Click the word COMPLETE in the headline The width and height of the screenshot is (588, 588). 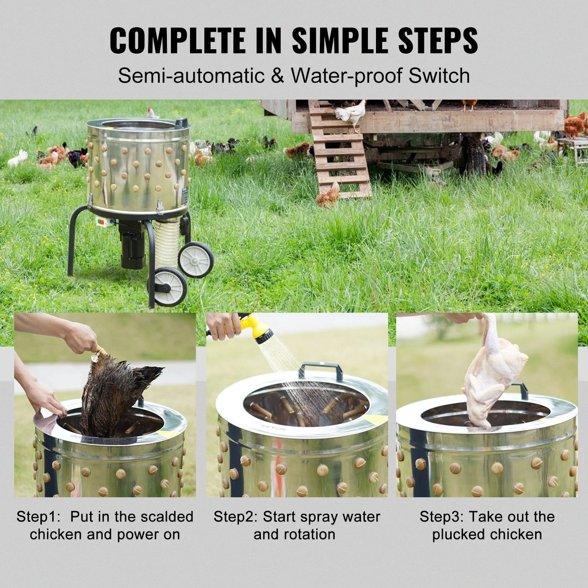pos(177,41)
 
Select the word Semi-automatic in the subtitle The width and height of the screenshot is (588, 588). pos(191,76)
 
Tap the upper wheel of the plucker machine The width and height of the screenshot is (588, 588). pos(196,260)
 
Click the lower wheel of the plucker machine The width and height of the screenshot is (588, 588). pos(170,286)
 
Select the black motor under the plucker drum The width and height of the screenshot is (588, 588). pos(132,246)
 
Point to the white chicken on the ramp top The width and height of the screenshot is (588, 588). pos(351,113)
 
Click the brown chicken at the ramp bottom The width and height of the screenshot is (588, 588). pos(328,196)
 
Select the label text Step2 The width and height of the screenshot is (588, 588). pos(235,517)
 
